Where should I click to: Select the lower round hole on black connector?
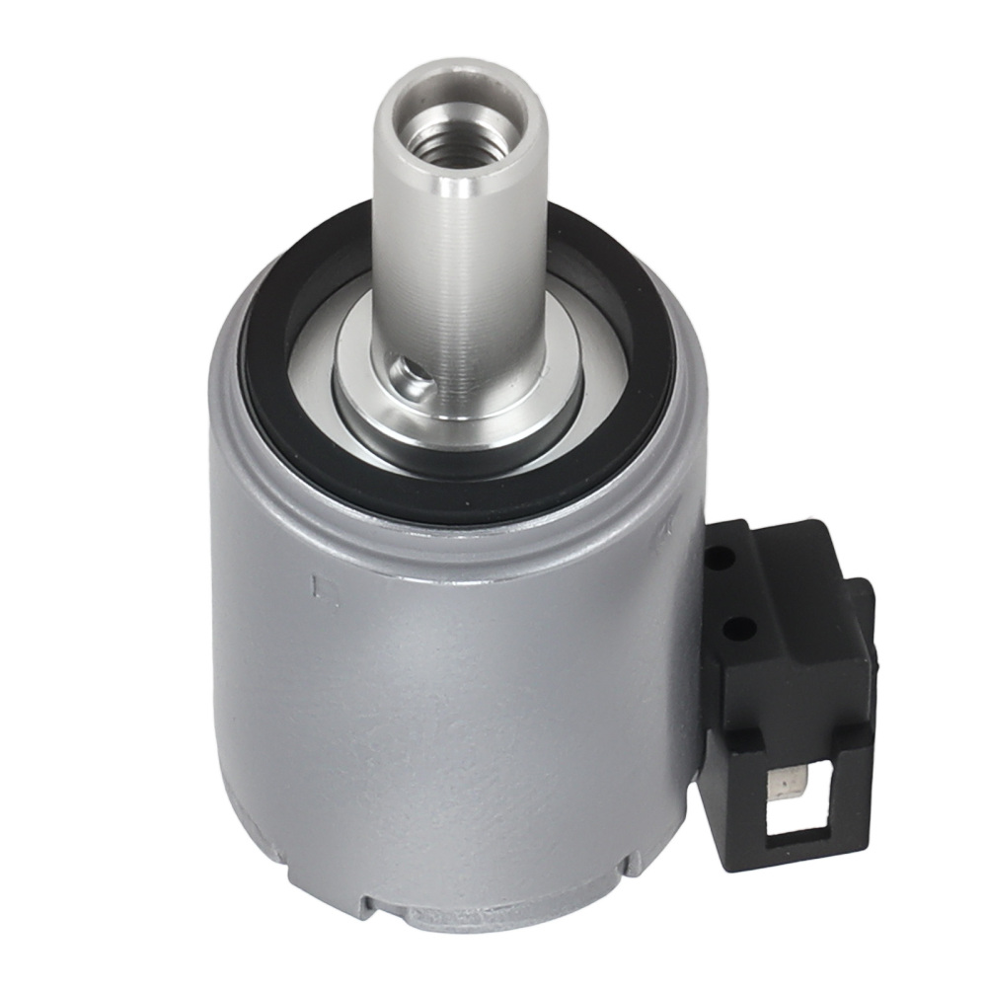(x=729, y=625)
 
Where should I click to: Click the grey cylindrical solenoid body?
(x=444, y=711)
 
